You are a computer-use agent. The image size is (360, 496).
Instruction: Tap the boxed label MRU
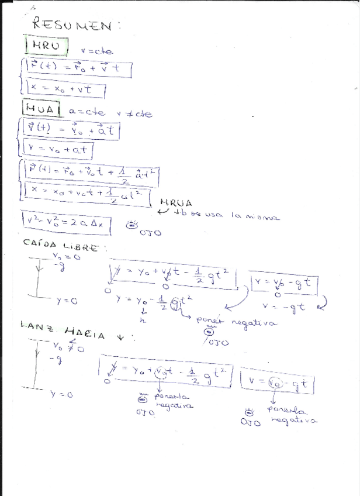click(46, 46)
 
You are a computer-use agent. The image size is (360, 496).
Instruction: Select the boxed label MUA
click(41, 109)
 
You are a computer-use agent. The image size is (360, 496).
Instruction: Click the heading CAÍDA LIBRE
click(61, 246)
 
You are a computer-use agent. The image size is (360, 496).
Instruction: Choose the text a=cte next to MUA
click(87, 112)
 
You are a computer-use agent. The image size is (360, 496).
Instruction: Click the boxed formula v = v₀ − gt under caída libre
click(285, 284)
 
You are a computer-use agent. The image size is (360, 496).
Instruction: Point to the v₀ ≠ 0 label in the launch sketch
click(68, 348)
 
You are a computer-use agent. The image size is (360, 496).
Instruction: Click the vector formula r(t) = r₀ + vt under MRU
click(76, 68)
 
